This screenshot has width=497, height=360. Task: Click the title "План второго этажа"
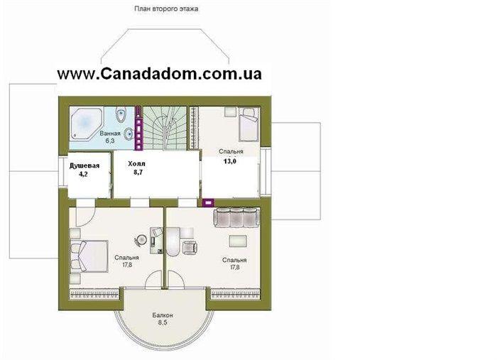(166, 9)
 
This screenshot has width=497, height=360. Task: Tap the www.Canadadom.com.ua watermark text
(160, 74)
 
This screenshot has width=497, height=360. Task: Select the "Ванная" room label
(110, 133)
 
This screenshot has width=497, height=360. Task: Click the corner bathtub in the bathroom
(86, 123)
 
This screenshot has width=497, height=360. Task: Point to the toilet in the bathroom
(121, 115)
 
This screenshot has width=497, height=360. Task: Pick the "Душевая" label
(84, 165)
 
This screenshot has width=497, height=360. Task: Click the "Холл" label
(136, 164)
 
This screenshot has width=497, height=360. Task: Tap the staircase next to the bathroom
(165, 128)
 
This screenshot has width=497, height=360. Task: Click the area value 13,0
(230, 161)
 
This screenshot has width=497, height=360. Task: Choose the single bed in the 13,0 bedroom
(248, 124)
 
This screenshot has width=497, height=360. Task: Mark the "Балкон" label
(163, 315)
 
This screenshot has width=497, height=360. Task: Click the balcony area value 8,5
(162, 322)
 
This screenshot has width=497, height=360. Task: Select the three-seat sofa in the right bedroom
(237, 217)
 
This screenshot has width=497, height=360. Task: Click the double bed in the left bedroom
(89, 256)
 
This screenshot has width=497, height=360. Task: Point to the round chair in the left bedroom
(140, 239)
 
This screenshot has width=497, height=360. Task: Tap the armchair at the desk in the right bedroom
(190, 247)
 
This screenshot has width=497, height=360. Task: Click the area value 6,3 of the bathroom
(109, 141)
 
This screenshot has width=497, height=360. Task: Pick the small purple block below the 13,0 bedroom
(208, 202)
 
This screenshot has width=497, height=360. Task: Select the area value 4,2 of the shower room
(83, 174)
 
